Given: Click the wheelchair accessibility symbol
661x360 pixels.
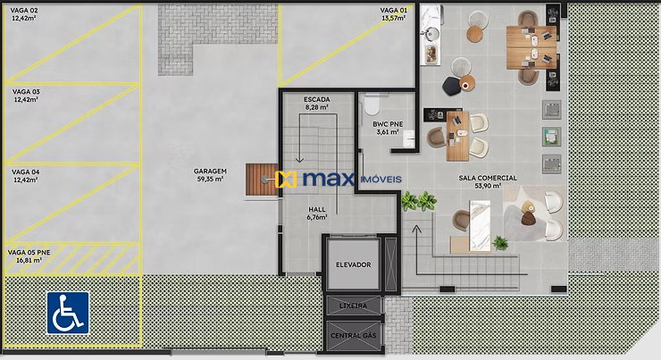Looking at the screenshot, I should point(68,312).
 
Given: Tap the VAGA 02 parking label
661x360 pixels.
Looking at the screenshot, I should point(25,10).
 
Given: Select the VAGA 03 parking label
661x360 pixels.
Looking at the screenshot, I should point(25,92).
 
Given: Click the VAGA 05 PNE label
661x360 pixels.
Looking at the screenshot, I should point(29,253).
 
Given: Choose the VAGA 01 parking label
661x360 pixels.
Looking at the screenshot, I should point(394,10).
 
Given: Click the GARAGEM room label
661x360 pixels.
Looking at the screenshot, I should point(210,171).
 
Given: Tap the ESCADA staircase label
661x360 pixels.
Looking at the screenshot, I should point(316,98).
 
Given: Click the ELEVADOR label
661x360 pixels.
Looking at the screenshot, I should point(353,265).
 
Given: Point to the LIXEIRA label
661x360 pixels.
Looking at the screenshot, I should point(353,306).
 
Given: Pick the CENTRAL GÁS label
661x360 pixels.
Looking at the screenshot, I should point(353,335).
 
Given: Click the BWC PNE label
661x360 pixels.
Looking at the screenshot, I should point(388,124).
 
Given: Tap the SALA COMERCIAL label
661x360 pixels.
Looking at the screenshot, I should point(488,178).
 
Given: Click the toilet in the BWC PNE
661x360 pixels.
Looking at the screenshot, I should point(371,107).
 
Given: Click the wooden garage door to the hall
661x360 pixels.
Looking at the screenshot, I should point(262,179).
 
